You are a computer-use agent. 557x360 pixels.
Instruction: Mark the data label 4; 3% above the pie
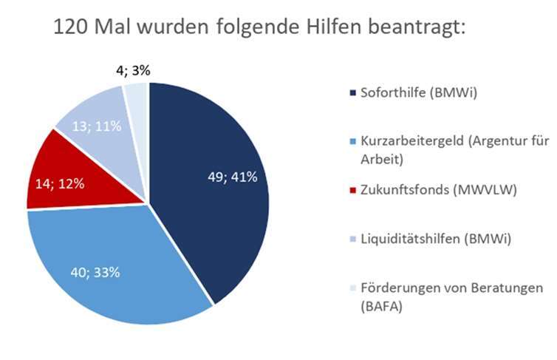pos(134,71)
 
